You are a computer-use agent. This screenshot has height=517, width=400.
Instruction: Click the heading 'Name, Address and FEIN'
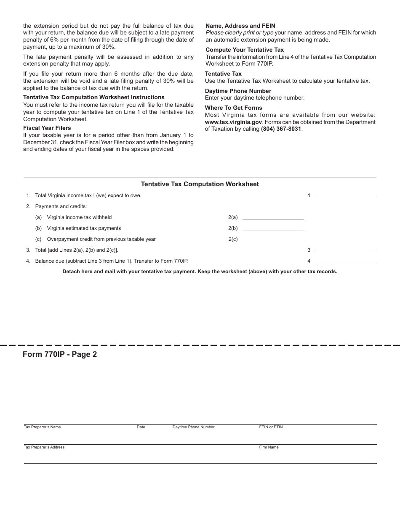tap(240, 26)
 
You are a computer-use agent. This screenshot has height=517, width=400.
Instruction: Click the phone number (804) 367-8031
tap(281, 129)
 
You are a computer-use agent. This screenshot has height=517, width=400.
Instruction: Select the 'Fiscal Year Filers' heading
tap(47, 128)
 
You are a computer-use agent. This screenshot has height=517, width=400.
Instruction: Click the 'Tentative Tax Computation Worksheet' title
tap(200, 184)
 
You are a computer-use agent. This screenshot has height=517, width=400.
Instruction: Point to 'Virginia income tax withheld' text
tap(79, 217)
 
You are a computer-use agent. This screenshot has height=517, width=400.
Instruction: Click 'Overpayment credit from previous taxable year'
tap(101, 239)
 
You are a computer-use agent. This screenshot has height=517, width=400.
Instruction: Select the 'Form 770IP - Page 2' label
tap(60, 354)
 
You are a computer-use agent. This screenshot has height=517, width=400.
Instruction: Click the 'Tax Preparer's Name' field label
tap(42, 427)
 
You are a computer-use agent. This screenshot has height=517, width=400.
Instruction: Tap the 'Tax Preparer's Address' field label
tap(44, 447)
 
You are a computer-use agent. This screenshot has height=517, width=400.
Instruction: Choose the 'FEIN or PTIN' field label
tap(271, 427)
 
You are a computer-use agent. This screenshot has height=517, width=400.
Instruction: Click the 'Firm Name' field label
tap(269, 447)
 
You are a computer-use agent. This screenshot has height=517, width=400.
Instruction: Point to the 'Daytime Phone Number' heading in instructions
tap(238, 91)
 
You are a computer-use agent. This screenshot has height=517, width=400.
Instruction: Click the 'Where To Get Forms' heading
tap(233, 108)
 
